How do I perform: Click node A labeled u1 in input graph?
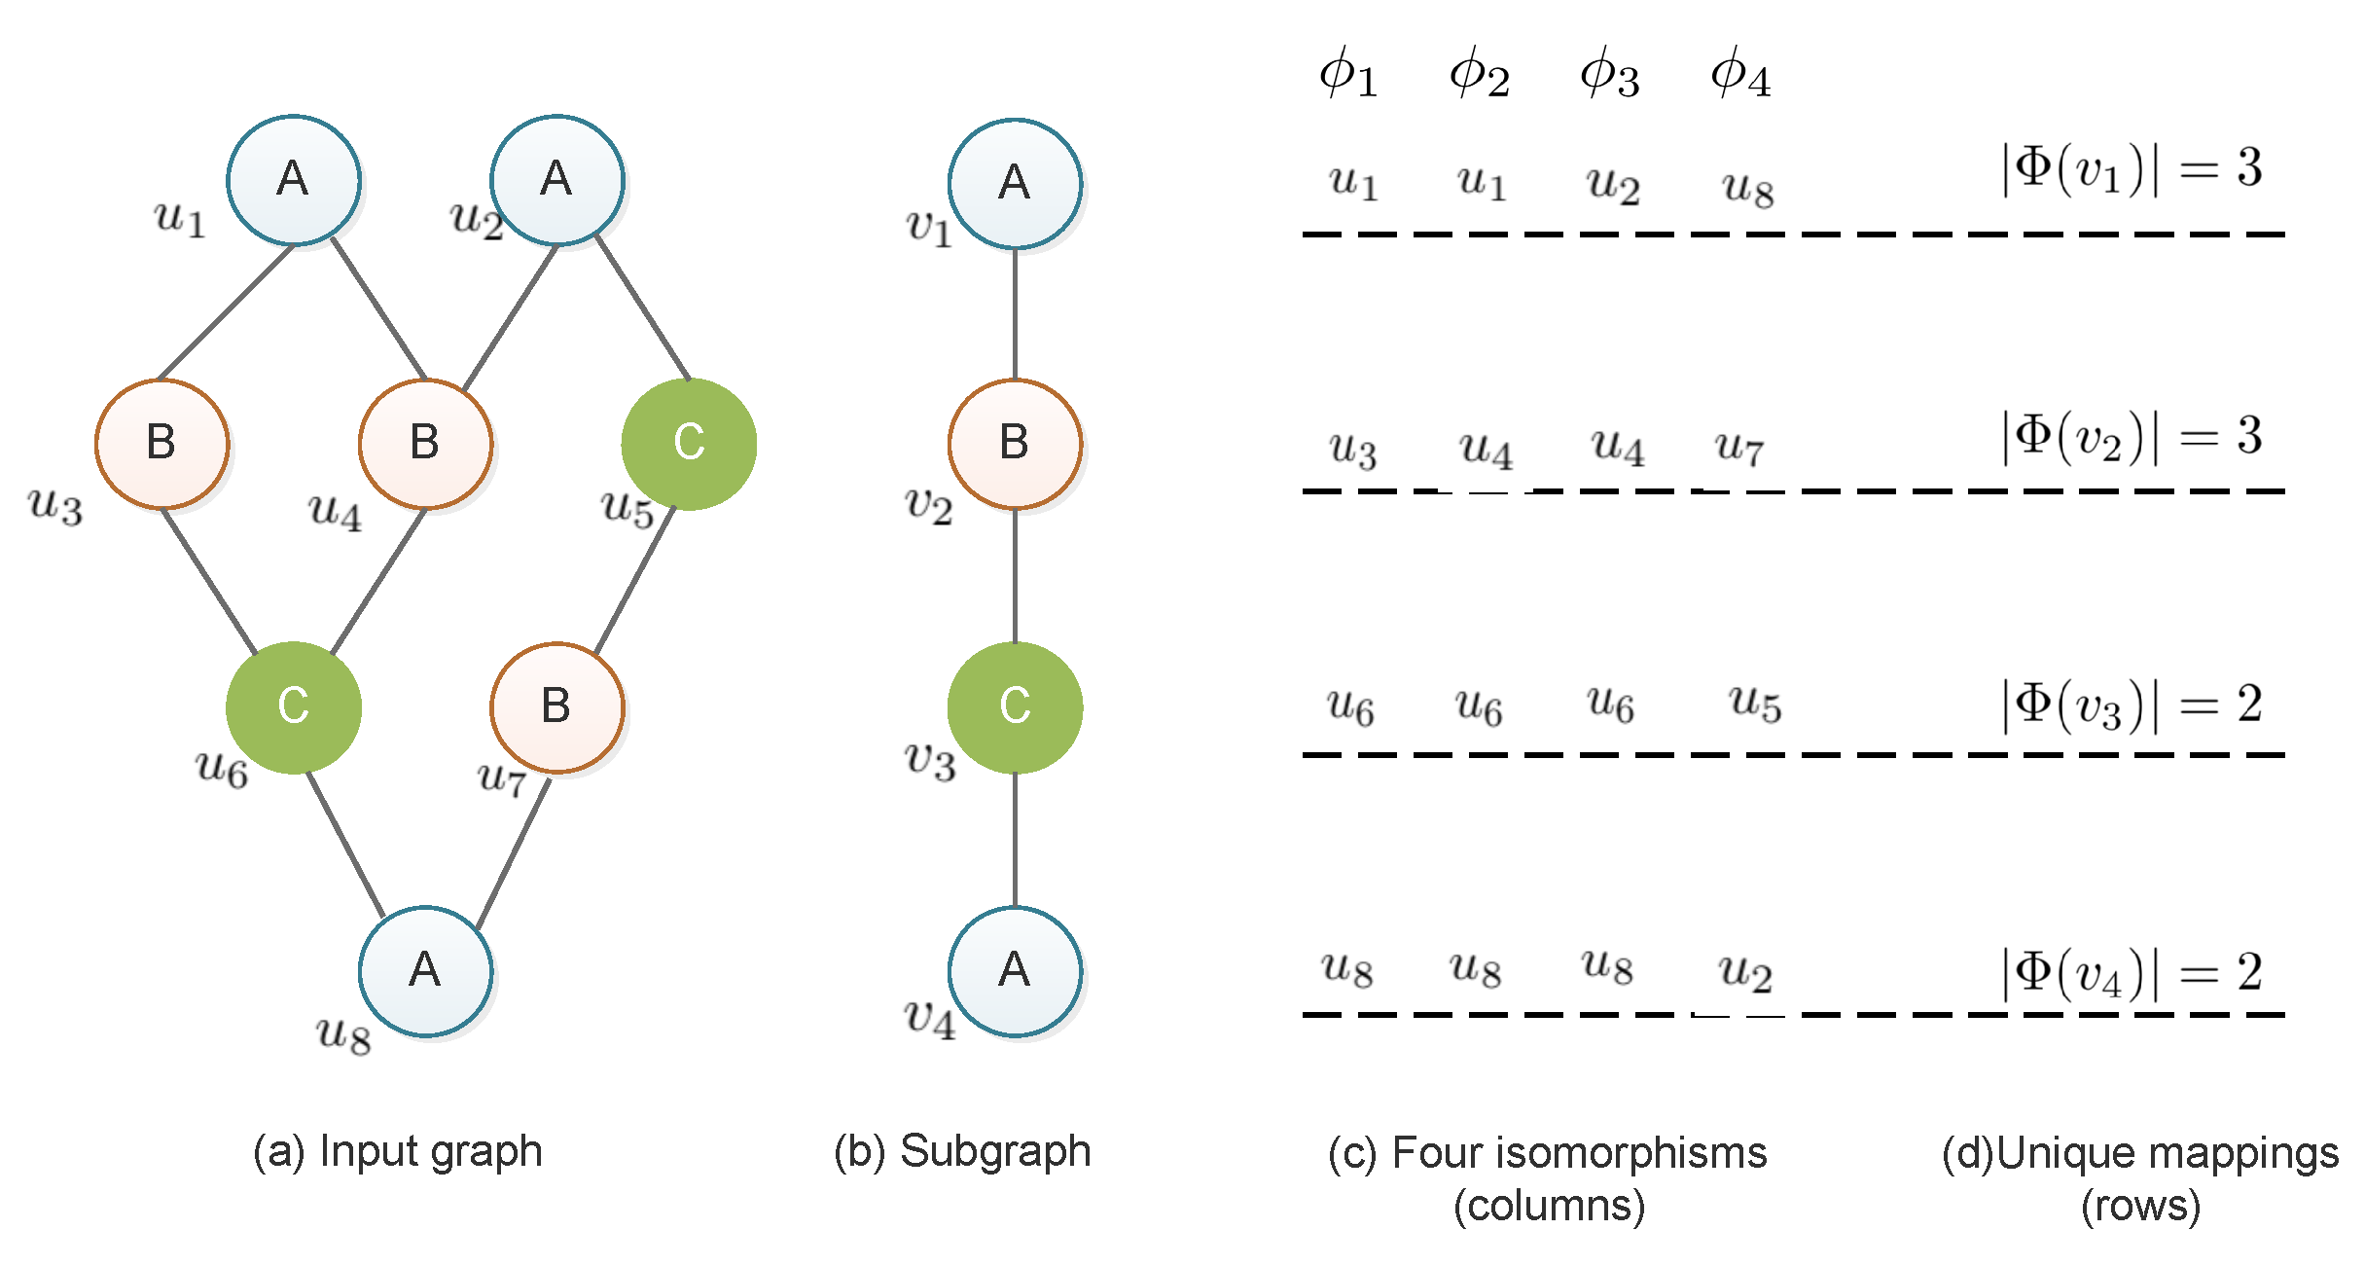point(294,180)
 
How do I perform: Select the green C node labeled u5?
point(689,444)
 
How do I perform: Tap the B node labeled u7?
point(556,707)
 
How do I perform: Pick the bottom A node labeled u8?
point(425,971)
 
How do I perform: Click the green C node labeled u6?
point(294,707)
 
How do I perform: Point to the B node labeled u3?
point(162,444)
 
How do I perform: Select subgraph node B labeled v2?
point(1015,444)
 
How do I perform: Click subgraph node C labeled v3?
point(1015,707)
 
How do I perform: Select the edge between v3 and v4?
point(1015,840)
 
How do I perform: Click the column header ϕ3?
point(1609,74)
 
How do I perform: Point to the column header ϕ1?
point(1348,74)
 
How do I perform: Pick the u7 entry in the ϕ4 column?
point(1738,448)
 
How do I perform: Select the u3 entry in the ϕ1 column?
point(1352,450)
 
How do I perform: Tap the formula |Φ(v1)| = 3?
point(2131,169)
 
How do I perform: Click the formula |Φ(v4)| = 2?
point(2131,973)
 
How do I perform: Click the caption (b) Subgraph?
point(962,1152)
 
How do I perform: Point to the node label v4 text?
point(929,1018)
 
